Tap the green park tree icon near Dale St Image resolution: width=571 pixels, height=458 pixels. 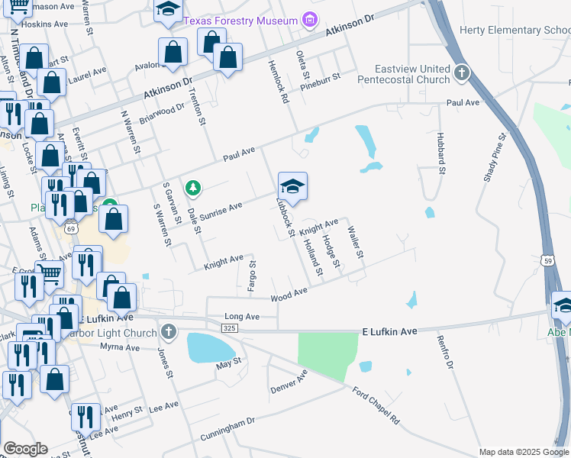click(193, 187)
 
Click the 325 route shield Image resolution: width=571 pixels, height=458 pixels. click(229, 327)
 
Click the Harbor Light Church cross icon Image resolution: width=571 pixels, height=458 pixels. click(168, 331)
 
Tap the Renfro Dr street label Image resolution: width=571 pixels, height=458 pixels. click(445, 356)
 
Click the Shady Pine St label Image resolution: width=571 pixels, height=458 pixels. click(495, 159)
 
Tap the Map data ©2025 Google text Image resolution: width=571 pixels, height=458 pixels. click(523, 452)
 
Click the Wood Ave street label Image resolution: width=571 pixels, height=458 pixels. click(289, 294)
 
